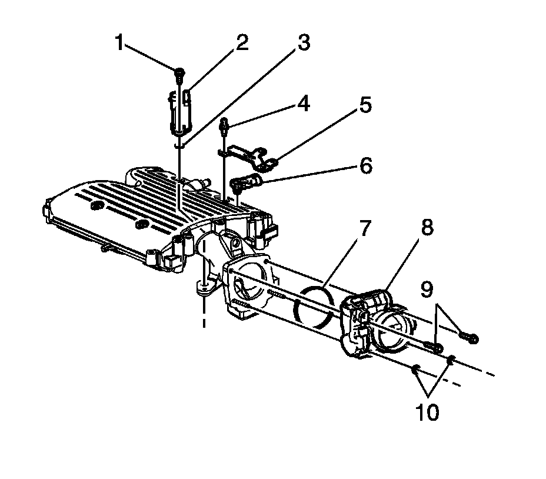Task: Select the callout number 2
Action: (x=241, y=43)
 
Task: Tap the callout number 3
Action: (x=303, y=44)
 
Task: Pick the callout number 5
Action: (x=365, y=106)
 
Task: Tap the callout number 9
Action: (x=427, y=289)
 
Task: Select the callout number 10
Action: (x=428, y=413)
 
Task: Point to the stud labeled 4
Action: (x=225, y=126)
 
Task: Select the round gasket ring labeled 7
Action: (x=314, y=306)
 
